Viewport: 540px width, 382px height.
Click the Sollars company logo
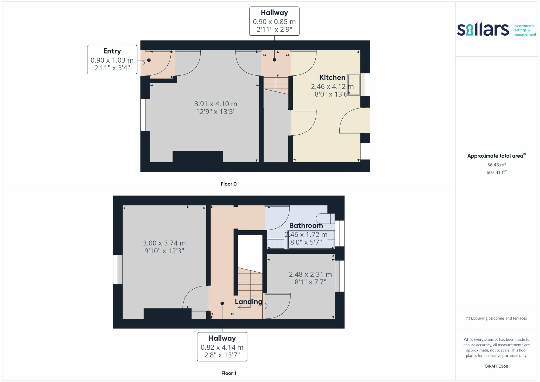pyautogui.click(x=496, y=30)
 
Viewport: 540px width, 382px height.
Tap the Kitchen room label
pyautogui.click(x=332, y=77)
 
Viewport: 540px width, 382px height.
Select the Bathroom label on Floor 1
pyautogui.click(x=306, y=225)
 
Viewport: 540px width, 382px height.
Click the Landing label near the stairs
pyautogui.click(x=249, y=302)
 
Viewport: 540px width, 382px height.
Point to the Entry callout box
pyautogui.click(x=112, y=60)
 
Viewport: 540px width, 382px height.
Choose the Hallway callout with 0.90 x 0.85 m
pyautogui.click(x=274, y=21)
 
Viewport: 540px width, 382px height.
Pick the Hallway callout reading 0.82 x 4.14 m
pyautogui.click(x=222, y=347)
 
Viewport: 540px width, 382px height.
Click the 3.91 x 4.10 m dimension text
pyautogui.click(x=216, y=104)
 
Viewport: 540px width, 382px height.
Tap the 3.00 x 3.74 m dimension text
pyautogui.click(x=164, y=243)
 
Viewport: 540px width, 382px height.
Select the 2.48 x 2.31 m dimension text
pyautogui.click(x=310, y=274)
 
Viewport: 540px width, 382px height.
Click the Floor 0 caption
pyautogui.click(x=229, y=184)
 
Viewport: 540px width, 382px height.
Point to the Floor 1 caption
pyautogui.click(x=229, y=373)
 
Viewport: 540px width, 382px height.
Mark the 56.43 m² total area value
pyautogui.click(x=497, y=164)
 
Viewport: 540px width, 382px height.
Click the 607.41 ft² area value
pyautogui.click(x=497, y=172)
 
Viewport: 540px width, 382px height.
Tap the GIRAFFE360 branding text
pyautogui.click(x=497, y=366)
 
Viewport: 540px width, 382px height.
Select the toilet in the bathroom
pyautogui.click(x=325, y=219)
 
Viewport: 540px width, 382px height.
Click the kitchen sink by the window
pyautogui.click(x=354, y=85)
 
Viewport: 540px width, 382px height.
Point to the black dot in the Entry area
pyautogui.click(x=149, y=60)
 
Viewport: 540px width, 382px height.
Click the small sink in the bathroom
pyautogui.click(x=276, y=244)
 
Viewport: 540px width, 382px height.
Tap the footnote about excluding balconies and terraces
pyautogui.click(x=496, y=318)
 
